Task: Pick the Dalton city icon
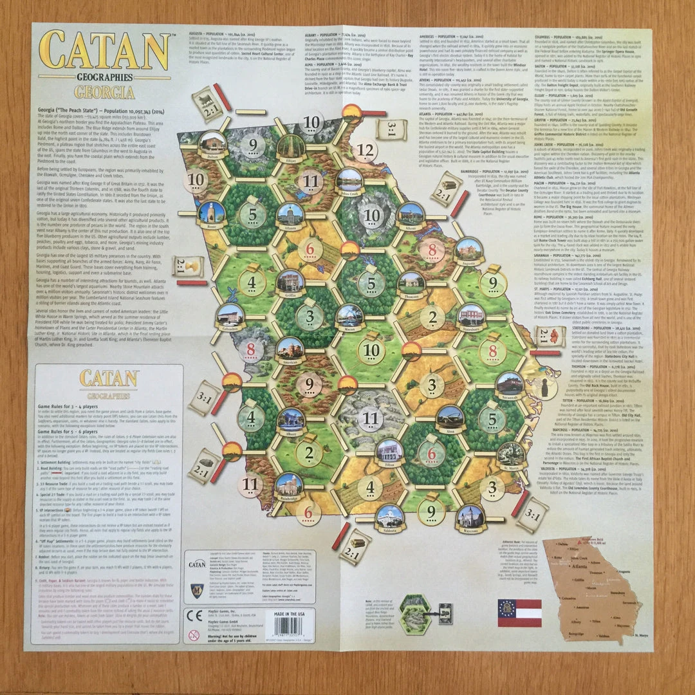(212, 143)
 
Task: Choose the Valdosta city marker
(390, 515)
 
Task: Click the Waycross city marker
(470, 517)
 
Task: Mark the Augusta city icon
(468, 248)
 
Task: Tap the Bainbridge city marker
(289, 485)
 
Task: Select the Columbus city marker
(230, 315)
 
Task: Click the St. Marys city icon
(511, 454)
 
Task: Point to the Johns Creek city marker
(349, 180)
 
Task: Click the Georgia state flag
(519, 613)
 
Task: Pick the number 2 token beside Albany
(309, 452)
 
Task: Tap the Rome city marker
(212, 212)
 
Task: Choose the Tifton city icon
(389, 451)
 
